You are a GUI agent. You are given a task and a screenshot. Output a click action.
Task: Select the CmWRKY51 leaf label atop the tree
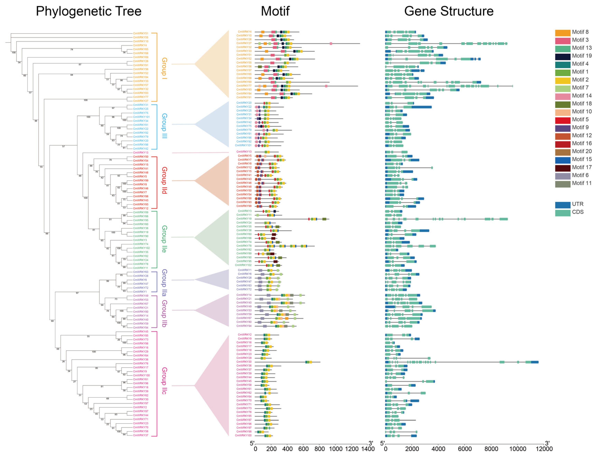point(141,34)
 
